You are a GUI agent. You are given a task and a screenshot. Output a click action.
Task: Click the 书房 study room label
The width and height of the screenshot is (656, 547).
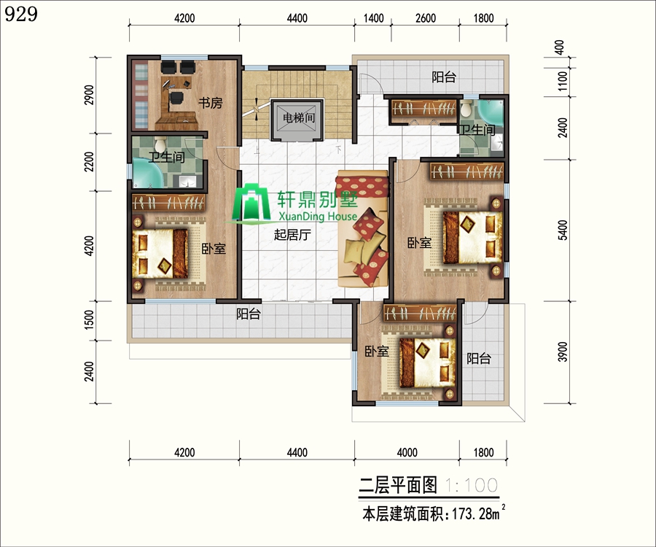pos(210,103)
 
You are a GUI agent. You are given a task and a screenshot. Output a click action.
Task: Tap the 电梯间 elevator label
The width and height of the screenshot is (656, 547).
pos(298,118)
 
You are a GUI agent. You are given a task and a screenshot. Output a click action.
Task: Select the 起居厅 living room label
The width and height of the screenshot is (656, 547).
pos(292,235)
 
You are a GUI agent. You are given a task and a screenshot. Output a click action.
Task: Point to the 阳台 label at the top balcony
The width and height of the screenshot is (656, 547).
pos(444,77)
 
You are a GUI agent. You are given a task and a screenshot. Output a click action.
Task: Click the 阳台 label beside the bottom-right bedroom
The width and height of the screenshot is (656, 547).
pos(479,358)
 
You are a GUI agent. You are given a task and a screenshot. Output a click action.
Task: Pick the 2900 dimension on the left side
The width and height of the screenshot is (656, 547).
pos(90,95)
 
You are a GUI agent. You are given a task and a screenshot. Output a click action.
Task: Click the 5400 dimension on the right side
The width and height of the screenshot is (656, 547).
pos(563,230)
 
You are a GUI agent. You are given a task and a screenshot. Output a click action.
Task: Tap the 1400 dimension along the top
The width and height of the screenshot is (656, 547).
pos(374,18)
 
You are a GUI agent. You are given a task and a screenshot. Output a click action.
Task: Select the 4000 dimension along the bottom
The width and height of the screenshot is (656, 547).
pos(407,452)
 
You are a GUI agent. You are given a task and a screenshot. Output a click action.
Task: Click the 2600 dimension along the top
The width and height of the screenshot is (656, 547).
pos(426,18)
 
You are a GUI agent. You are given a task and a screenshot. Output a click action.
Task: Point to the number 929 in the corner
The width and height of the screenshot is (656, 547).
pos(21,15)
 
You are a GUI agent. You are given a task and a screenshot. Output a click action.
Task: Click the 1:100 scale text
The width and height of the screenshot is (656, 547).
pos(471,486)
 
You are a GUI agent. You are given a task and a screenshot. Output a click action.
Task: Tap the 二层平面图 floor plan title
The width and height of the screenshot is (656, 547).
pos(398,485)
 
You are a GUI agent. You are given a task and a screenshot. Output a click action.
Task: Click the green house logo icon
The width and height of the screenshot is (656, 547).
pos(251,202)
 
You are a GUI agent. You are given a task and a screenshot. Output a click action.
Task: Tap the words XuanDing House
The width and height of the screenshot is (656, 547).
pos(318,217)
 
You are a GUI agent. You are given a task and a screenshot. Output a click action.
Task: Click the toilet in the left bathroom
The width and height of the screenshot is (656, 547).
pos(160,144)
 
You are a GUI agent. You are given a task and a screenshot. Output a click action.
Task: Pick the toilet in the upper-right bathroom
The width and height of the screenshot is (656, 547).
pos(466,109)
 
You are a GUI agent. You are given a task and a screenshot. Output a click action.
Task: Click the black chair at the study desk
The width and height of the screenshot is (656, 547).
pos(176,98)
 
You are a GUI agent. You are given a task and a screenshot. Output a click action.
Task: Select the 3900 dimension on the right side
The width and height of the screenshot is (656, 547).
pos(563,352)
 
